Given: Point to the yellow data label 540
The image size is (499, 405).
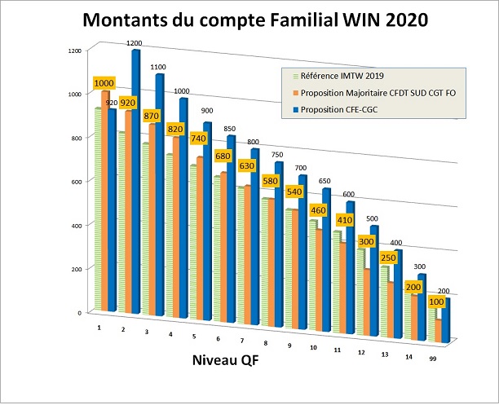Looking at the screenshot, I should [294, 192].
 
